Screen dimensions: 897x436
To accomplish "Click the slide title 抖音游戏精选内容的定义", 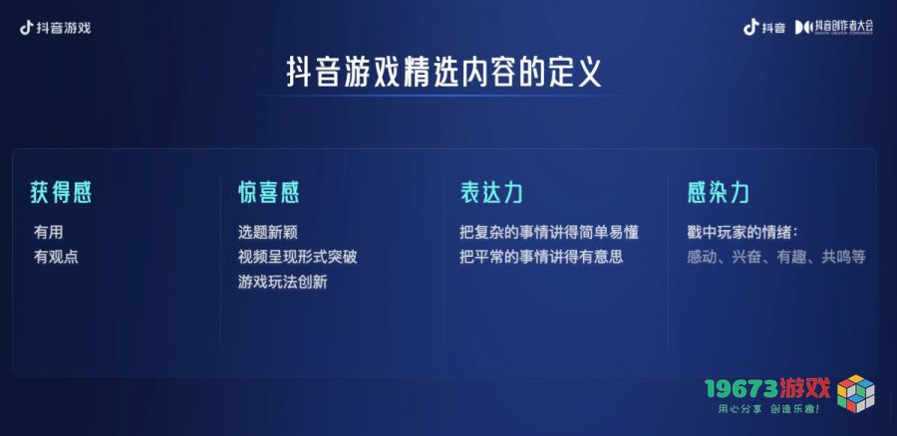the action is coord(444,72).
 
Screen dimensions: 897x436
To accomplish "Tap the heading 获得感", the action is coord(61,193).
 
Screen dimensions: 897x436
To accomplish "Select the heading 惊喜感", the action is coord(269,193).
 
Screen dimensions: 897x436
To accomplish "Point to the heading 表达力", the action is coord(491,193).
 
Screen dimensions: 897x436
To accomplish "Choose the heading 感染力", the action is coord(718,193).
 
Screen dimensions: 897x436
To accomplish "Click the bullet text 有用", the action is coord(49,232).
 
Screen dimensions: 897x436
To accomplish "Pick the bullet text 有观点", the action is coord(56,257).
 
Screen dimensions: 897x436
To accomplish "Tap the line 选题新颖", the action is coord(268,232).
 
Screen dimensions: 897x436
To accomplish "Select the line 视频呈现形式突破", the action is coord(297,257).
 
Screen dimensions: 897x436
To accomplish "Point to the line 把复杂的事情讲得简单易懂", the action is coord(549,232).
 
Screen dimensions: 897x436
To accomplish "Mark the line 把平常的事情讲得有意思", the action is coord(541,257).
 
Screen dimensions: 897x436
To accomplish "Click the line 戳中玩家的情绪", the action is coord(743,233).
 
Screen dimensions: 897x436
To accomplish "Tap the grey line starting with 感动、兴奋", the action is coord(776,257).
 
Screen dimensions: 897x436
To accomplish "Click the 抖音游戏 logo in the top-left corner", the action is coord(56,28).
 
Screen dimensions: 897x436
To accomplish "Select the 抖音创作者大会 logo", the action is coord(834,26).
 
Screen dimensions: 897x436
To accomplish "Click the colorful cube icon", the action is coord(856,392).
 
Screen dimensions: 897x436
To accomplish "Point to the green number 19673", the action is coord(741,388).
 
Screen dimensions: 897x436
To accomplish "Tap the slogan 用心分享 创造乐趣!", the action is coord(768,409).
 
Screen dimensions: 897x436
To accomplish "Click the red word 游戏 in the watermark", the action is coord(805,388).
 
